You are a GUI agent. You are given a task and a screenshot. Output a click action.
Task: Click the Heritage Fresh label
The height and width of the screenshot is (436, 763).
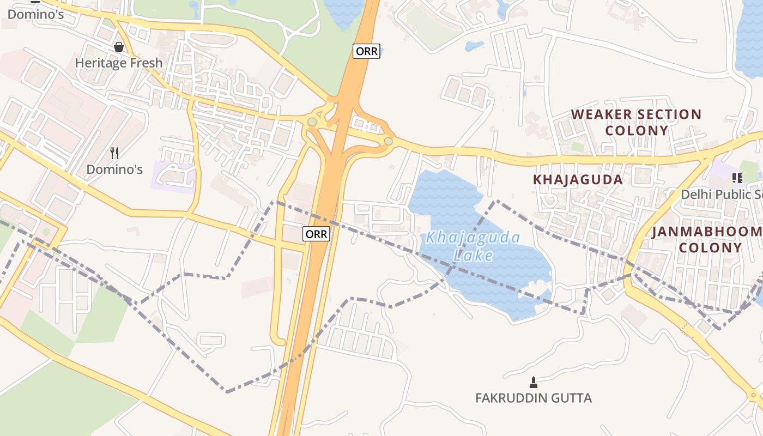point(119,63)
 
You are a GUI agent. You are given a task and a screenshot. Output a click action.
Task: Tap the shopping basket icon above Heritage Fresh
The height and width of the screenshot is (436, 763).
point(119,47)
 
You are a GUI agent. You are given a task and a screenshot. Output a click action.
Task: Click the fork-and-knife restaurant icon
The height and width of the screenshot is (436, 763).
point(114,153)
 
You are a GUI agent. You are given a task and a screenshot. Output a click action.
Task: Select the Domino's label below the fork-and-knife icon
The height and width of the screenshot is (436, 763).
point(114,169)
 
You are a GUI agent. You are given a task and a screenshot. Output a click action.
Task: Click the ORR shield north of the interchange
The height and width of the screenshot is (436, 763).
point(366,51)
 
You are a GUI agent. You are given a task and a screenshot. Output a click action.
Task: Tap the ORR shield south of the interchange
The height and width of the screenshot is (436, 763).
point(317,234)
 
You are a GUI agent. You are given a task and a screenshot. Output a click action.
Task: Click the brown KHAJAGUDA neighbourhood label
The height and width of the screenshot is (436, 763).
point(578,180)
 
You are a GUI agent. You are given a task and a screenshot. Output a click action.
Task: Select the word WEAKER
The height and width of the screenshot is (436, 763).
point(601,114)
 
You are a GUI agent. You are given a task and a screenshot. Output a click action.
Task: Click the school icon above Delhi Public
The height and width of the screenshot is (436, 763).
point(737,178)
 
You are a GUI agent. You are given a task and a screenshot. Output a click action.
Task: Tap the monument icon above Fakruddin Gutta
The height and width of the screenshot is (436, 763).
point(534,382)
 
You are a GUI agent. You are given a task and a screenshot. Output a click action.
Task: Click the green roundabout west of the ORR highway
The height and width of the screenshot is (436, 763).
point(312,122)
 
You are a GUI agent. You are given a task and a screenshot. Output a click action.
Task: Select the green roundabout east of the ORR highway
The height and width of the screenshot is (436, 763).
point(388,142)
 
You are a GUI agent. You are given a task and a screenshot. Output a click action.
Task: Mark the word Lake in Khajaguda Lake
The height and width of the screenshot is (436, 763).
point(473,255)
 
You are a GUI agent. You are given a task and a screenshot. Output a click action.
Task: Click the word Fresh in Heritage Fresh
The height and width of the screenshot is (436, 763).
point(146,63)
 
